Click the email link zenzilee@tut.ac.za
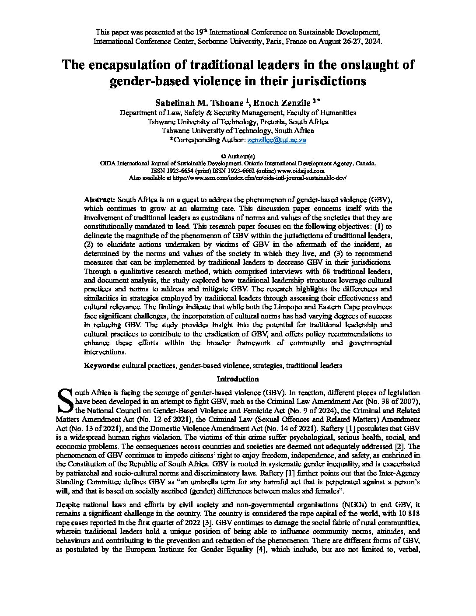coord(276,140)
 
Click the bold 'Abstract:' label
coord(100,199)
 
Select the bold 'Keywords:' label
coord(102,365)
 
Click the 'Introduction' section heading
coord(238,379)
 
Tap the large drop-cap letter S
coord(65,400)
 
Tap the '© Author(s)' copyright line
coord(238,156)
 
